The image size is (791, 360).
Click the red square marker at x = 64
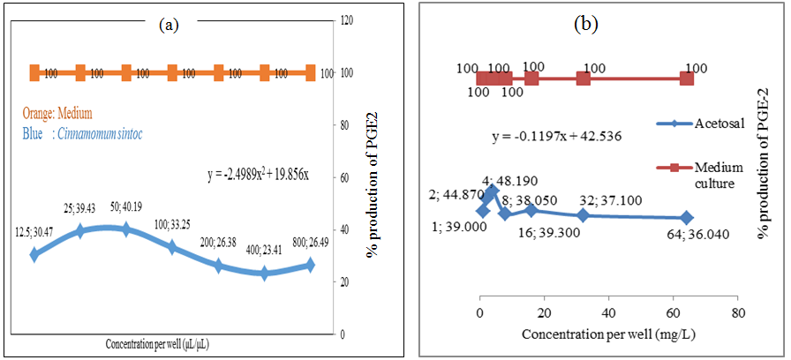pyautogui.click(x=687, y=79)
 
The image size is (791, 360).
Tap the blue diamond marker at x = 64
pyautogui.click(x=687, y=217)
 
